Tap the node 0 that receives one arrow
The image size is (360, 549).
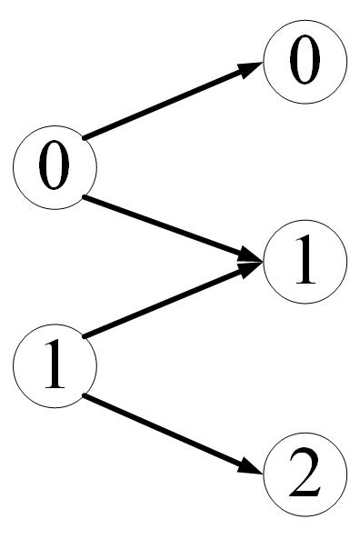(305, 64)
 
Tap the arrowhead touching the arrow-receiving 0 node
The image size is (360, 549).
(254, 69)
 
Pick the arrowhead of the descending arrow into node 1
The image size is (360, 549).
(254, 261)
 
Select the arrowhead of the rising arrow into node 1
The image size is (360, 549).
(254, 268)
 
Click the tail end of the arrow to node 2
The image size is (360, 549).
(86, 395)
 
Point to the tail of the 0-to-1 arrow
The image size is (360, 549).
(86, 196)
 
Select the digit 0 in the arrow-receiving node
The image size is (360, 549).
(305, 64)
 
